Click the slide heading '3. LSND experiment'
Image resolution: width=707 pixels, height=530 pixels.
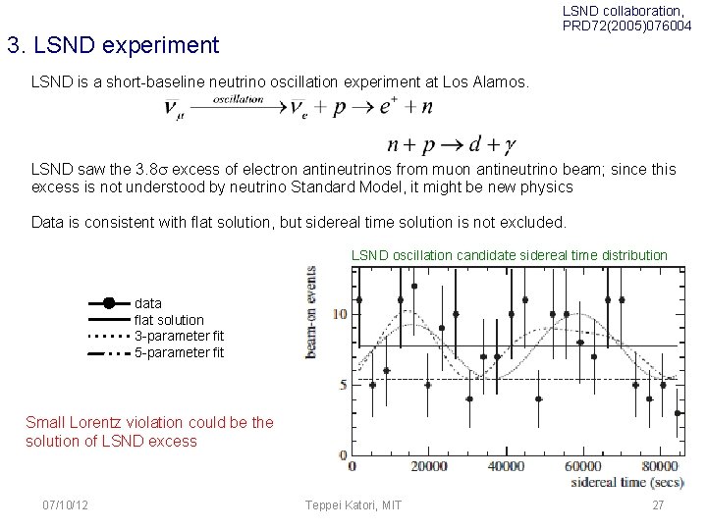(112, 45)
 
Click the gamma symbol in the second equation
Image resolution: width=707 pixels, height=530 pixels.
(508, 146)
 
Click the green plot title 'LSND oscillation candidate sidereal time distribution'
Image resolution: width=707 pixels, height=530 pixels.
(509, 255)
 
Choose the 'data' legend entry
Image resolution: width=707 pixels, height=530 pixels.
(148, 303)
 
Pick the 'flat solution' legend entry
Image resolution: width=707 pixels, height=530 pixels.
(169, 320)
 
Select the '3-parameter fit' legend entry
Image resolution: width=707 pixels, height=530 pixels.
(179, 336)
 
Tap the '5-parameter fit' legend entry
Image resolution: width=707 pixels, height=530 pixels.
(179, 352)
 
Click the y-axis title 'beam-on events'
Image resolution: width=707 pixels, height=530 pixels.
(311, 311)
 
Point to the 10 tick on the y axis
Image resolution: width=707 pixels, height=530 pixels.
(340, 314)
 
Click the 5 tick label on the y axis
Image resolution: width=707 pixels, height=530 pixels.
(343, 385)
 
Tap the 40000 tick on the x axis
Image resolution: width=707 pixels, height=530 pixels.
(506, 466)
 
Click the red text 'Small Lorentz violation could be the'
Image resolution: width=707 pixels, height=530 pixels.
(149, 423)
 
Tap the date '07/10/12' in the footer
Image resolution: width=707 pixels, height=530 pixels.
(66, 504)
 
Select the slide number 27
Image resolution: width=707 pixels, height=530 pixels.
(657, 504)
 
